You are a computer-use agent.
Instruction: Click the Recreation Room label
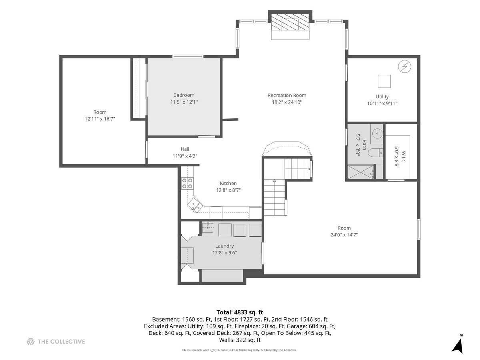[x=287, y=95]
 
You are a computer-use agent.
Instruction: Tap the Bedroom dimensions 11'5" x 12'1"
[x=184, y=102]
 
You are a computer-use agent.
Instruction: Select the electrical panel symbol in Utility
[x=404, y=66]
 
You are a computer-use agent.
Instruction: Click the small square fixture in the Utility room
[x=384, y=81]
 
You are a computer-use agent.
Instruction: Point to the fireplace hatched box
[x=290, y=22]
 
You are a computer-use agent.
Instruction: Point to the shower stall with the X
[x=360, y=172]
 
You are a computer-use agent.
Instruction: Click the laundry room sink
[x=208, y=228]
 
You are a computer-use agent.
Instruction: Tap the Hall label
[x=185, y=149]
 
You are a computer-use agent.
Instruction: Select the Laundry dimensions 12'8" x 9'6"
[x=224, y=253]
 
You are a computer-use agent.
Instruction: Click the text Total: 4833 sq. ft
[x=240, y=312]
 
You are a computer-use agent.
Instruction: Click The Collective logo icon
[x=30, y=342]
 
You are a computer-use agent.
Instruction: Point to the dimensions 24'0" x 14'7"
[x=344, y=235]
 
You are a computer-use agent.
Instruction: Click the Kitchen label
[x=228, y=183]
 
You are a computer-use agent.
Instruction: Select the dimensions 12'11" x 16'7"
[x=100, y=119]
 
